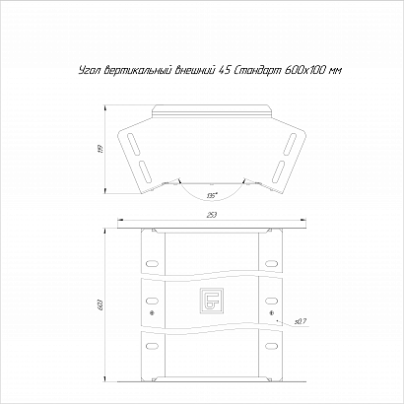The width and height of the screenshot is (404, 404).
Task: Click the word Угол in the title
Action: pos(90,70)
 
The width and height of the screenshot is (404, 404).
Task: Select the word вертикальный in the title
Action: pos(137,70)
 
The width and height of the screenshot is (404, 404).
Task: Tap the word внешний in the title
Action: pos(194,70)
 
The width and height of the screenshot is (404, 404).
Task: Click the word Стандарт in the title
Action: pos(256,70)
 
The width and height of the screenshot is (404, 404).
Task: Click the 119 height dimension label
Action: pos(101,149)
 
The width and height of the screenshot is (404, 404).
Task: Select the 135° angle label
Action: pos(212,195)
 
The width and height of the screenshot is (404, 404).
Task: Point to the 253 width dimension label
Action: pos(212,215)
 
